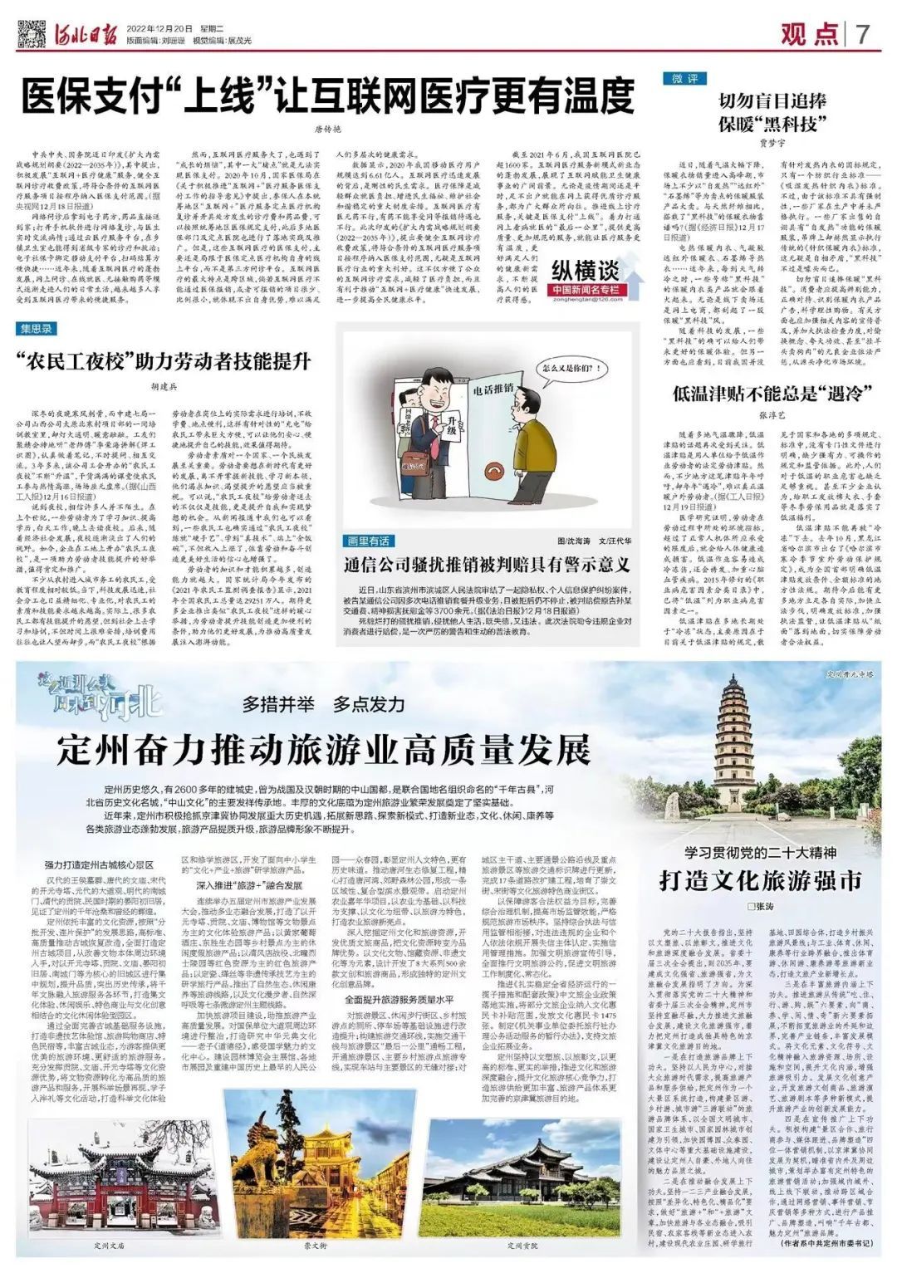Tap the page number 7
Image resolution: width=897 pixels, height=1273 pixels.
(x=862, y=34)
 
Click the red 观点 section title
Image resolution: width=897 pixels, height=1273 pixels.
(x=809, y=34)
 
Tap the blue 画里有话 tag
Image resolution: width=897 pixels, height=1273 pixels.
(x=366, y=541)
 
